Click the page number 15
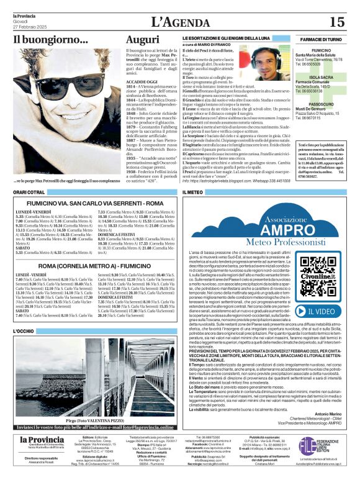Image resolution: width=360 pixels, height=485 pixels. [x=336, y=22]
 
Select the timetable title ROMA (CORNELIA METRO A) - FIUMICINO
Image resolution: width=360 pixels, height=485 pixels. [x=95, y=265]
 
